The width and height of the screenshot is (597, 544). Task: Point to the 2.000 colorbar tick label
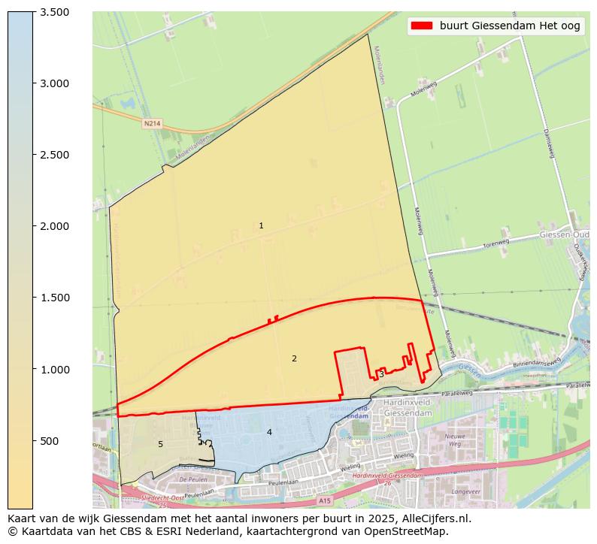point(54,226)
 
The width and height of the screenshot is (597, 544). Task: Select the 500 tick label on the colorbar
point(50,441)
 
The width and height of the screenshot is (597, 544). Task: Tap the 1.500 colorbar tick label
point(54,298)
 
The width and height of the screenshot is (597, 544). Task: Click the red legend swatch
point(422,26)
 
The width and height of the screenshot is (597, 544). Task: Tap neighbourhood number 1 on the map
point(261,225)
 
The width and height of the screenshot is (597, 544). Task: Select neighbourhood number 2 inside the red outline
point(294,358)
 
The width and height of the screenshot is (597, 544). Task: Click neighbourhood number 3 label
point(381,374)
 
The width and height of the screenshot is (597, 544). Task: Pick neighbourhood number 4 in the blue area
point(269,432)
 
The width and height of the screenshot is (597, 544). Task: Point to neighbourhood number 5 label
point(160,444)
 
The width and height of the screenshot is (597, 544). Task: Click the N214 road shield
point(153,122)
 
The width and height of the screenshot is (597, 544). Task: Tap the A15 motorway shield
point(324,500)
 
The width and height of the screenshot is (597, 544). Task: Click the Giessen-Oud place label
point(564,235)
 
